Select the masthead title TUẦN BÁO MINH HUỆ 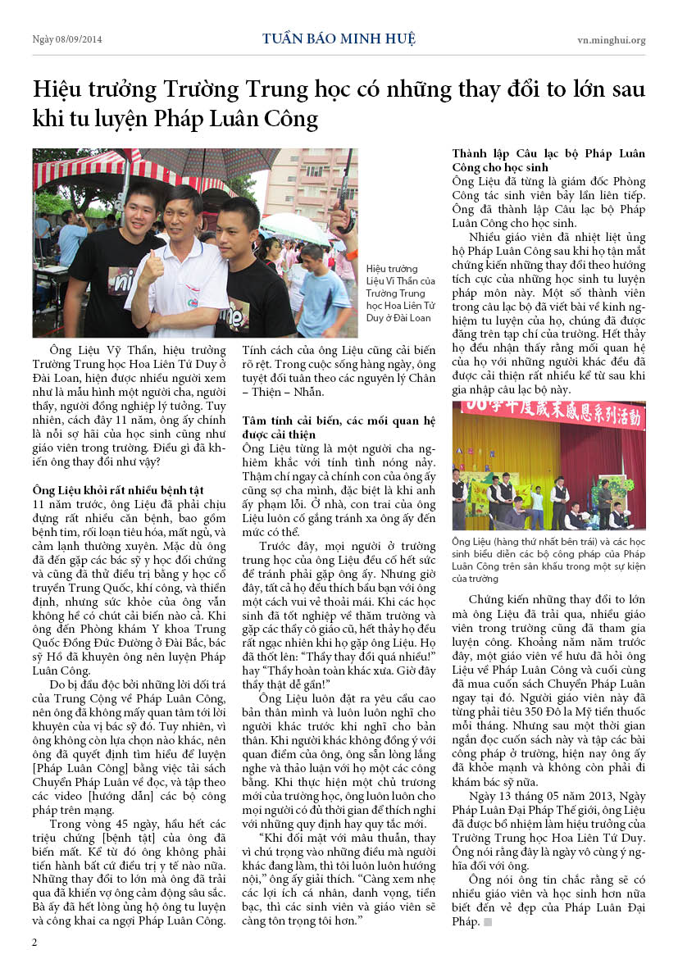click(x=339, y=39)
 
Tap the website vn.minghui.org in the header click(x=611, y=39)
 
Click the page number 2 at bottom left click(x=34, y=942)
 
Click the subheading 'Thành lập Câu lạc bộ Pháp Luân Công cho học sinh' click(x=548, y=161)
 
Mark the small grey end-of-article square click(x=487, y=922)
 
